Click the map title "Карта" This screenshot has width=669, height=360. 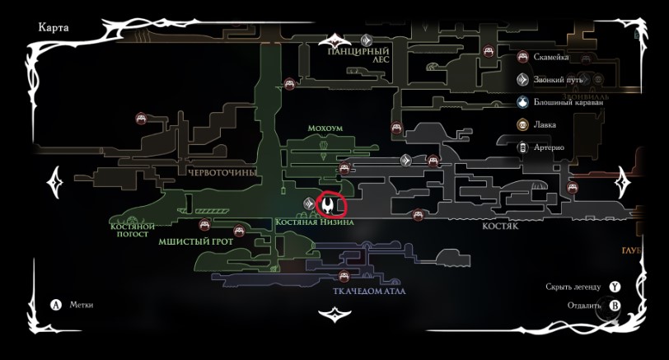tap(54, 27)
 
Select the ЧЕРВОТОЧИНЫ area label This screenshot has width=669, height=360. tap(222, 172)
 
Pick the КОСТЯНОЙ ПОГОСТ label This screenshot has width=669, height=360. tap(132, 229)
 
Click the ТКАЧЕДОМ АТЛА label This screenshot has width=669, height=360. tap(369, 291)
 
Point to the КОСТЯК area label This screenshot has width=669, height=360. tap(499, 225)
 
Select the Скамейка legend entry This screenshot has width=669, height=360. tap(550, 58)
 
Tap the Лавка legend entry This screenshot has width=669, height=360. tap(544, 124)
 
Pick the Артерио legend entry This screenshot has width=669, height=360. tap(548, 147)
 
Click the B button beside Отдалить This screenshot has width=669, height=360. tap(615, 305)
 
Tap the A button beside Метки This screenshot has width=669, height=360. tap(57, 305)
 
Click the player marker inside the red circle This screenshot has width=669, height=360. tap(330, 204)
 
